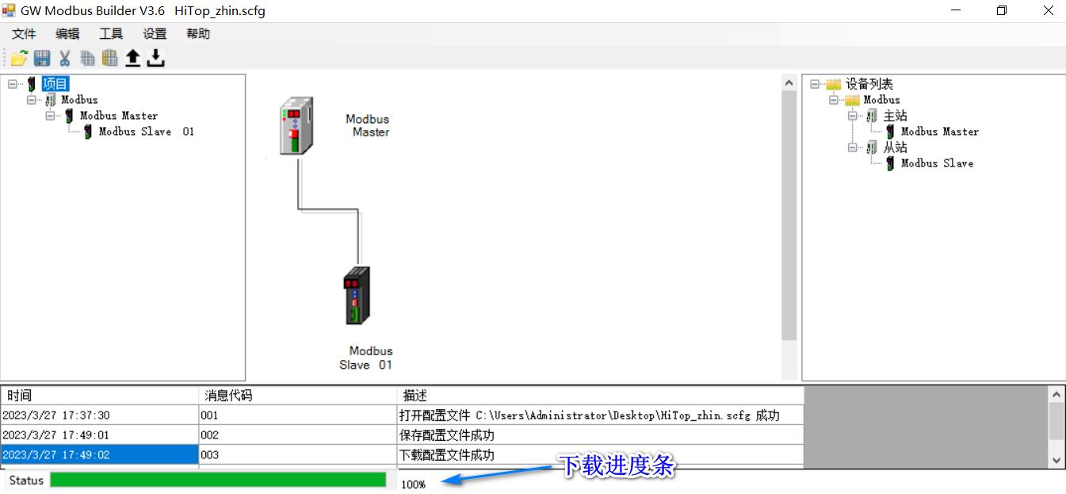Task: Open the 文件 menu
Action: pyautogui.click(x=24, y=34)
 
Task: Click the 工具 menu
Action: pyautogui.click(x=111, y=34)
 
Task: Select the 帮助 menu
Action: pyautogui.click(x=198, y=34)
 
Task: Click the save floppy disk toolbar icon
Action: pyautogui.click(x=42, y=58)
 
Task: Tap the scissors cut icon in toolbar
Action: pyautogui.click(x=65, y=58)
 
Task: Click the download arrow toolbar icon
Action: pyautogui.click(x=156, y=58)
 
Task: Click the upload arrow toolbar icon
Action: pyautogui.click(x=133, y=58)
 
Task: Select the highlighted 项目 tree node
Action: pyautogui.click(x=55, y=84)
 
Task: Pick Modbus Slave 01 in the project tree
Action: pyautogui.click(x=146, y=132)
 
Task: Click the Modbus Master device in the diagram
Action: pyautogui.click(x=297, y=125)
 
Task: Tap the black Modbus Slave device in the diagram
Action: pyautogui.click(x=357, y=295)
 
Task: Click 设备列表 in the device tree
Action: pyautogui.click(x=869, y=84)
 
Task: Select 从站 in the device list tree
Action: pyautogui.click(x=895, y=147)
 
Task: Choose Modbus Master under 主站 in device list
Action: pyautogui.click(x=939, y=132)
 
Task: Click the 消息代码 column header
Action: pyautogui.click(x=228, y=395)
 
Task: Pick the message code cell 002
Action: pyautogui.click(x=210, y=435)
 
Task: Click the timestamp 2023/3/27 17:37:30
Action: pyautogui.click(x=55, y=415)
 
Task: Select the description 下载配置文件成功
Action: pyautogui.click(x=447, y=455)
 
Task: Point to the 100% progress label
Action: pyautogui.click(x=414, y=484)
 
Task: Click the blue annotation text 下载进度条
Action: pyautogui.click(x=617, y=466)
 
